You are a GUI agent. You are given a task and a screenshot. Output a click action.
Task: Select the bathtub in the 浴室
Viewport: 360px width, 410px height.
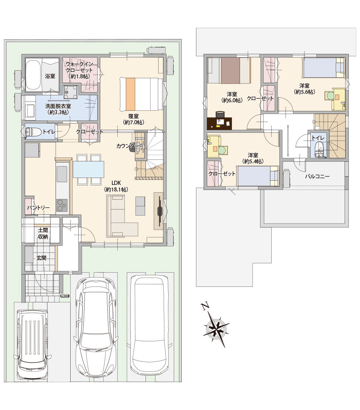click(x=32, y=75)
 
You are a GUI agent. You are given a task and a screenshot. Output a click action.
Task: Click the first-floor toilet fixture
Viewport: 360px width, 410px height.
click(x=33, y=132)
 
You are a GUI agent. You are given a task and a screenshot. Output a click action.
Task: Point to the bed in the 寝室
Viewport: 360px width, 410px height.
click(x=141, y=94)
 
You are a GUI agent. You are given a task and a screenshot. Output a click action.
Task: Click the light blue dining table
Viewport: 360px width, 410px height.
click(x=89, y=169)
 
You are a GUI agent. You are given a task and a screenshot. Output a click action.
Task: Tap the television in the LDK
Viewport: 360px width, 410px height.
click(x=159, y=211)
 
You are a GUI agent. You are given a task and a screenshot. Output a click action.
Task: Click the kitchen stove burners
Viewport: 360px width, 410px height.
click(x=62, y=205)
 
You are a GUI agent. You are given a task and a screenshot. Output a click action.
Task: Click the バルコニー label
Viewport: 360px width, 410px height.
click(x=317, y=176)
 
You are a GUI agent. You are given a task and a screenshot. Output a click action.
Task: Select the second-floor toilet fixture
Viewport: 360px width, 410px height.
click(x=319, y=150)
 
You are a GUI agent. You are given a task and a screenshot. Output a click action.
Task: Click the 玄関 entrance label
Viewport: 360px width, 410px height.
click(x=41, y=258)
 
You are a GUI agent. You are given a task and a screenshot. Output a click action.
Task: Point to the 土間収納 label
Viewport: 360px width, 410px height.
click(x=42, y=233)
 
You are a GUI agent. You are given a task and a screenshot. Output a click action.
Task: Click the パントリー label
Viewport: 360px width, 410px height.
click(x=39, y=208)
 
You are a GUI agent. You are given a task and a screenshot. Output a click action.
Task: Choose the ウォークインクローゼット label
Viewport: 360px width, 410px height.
click(x=79, y=70)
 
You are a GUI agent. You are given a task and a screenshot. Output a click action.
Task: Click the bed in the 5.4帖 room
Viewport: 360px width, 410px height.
click(x=258, y=176)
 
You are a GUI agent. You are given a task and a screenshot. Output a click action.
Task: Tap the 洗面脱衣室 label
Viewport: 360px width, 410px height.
click(x=58, y=109)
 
